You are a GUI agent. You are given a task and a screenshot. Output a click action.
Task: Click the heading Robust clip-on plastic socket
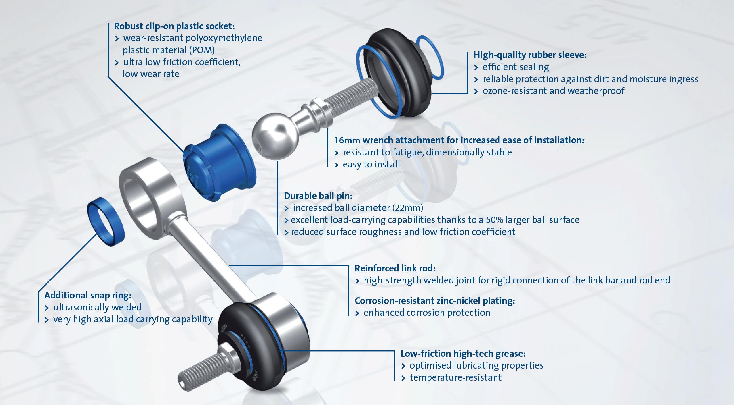click(x=174, y=26)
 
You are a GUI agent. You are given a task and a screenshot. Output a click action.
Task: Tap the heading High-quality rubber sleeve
click(x=530, y=55)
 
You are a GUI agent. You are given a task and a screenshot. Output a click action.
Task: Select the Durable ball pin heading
click(x=318, y=196)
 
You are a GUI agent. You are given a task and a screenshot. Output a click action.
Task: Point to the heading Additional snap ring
click(x=88, y=295)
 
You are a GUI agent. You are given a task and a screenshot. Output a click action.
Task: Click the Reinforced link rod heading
click(x=395, y=268)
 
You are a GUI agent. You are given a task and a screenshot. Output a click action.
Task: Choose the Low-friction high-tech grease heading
click(x=463, y=354)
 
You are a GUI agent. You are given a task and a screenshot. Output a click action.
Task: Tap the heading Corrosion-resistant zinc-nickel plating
click(x=435, y=301)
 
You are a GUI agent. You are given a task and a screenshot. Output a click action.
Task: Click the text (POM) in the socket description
click(x=202, y=50)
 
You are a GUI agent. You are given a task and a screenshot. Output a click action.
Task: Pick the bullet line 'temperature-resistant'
click(x=451, y=377)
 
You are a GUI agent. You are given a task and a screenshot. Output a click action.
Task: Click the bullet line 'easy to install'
click(x=367, y=165)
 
